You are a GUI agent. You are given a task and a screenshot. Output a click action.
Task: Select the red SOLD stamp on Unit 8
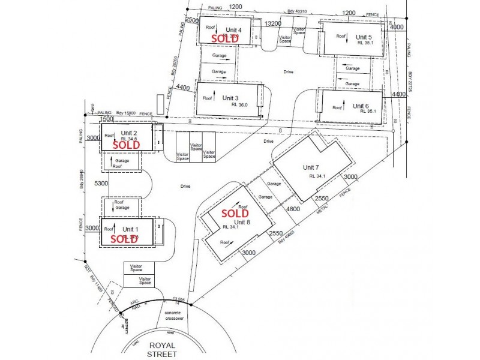tap(235, 213)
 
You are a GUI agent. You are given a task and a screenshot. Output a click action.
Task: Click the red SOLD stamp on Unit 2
tap(126, 145)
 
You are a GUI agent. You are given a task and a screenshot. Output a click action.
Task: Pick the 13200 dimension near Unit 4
tap(273, 23)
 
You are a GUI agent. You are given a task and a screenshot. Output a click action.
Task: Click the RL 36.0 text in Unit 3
tap(239, 104)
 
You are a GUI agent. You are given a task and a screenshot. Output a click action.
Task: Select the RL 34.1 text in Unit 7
tap(317, 176)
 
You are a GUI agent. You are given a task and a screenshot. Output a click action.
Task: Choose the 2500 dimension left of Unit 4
tap(192, 20)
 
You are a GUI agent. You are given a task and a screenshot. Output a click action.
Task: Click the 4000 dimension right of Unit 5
tap(397, 27)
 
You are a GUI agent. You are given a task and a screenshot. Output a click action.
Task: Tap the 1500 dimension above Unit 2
tap(107, 119)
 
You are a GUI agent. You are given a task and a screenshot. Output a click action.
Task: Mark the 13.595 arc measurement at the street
tap(178, 299)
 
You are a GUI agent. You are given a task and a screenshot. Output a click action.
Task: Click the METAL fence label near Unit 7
tap(329, 204)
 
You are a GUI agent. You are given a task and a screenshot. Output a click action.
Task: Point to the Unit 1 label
tap(130, 229)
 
